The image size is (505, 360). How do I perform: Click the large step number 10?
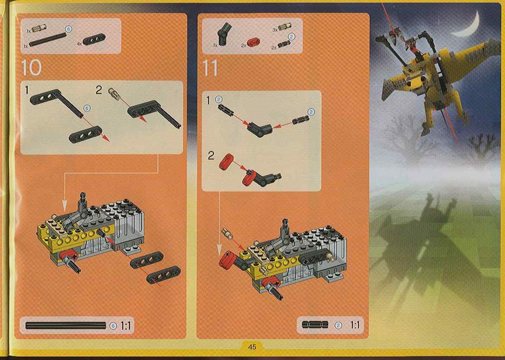tap(31, 68)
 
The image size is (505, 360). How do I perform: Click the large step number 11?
tap(210, 68)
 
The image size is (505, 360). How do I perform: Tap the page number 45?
tap(252, 347)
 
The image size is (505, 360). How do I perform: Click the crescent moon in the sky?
tap(467, 25)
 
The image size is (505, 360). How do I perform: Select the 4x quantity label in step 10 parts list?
tap(79, 43)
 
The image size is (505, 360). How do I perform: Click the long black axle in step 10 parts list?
tap(48, 39)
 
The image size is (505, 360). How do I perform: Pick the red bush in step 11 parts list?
tap(254, 42)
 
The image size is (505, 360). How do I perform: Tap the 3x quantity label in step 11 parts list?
tap(275, 30)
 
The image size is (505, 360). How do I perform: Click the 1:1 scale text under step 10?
tap(125, 325)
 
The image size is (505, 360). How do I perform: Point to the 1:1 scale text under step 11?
tap(355, 324)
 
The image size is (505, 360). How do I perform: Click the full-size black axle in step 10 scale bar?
tap(66, 325)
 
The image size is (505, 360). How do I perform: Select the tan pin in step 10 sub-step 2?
tap(115, 94)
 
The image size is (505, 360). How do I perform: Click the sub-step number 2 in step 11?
tap(211, 156)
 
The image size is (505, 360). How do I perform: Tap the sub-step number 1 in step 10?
tap(27, 90)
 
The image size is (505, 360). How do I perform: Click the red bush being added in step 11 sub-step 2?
tap(226, 161)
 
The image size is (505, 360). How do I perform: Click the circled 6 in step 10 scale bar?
tap(112, 325)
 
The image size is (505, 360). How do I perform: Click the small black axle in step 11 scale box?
tap(315, 324)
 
